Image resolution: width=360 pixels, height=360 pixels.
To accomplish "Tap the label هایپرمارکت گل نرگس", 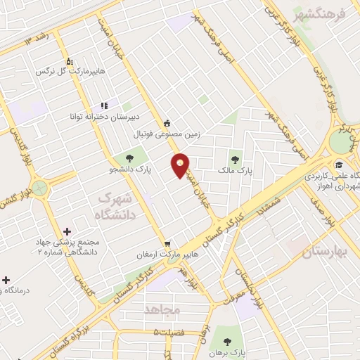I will coord(66,71).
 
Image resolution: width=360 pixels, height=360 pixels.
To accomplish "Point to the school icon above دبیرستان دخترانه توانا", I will coord(103,105).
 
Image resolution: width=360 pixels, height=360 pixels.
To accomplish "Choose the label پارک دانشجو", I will coord(130,169).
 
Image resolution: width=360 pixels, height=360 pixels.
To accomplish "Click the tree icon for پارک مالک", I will coord(235,158).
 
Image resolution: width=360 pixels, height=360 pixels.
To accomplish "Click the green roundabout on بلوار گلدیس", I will coord(39,188).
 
